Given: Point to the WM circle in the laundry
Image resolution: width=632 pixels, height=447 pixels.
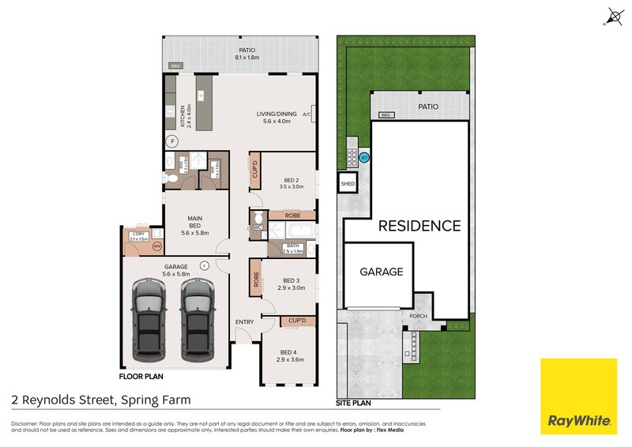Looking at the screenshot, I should [x=156, y=246].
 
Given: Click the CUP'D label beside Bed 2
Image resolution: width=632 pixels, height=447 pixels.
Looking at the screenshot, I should [x=255, y=171].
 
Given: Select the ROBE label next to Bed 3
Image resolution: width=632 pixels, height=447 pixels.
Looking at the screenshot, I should [x=256, y=279].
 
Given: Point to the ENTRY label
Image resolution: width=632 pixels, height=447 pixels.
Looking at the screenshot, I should [x=245, y=323].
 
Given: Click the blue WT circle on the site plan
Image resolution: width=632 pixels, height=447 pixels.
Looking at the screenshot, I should [x=364, y=158].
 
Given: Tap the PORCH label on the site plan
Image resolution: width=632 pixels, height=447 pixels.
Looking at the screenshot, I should [x=418, y=317].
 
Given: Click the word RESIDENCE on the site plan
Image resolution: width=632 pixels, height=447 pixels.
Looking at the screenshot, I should [x=419, y=226].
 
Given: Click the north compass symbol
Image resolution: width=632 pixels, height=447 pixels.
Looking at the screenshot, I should [x=613, y=16].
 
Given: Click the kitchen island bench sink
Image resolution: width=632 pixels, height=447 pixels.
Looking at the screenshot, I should [x=201, y=96].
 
